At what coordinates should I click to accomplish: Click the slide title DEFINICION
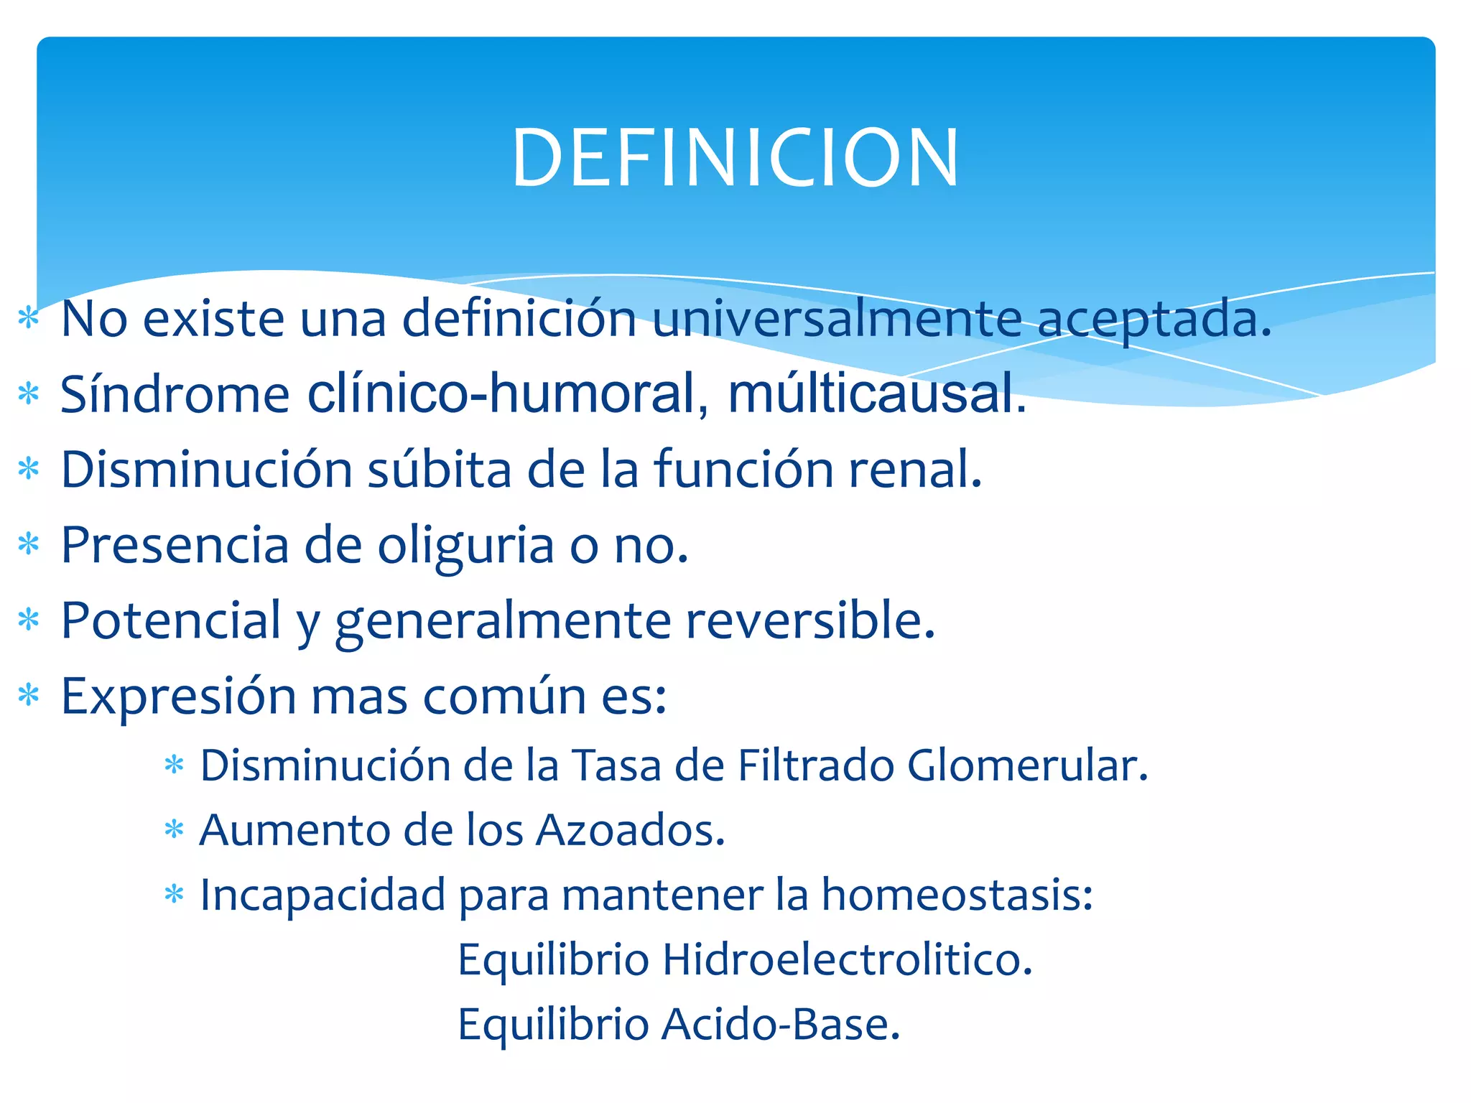point(735,158)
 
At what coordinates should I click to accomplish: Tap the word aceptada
point(1154,320)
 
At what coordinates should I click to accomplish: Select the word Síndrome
point(175,394)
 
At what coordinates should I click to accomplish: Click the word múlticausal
point(877,394)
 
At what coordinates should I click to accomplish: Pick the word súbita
point(440,470)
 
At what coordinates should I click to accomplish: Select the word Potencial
point(171,620)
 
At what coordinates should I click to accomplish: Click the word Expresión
point(178,697)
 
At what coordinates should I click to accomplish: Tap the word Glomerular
point(1027,765)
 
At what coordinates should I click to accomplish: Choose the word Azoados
point(631,831)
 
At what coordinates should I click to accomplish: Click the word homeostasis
point(957,895)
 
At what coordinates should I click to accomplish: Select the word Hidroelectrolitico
point(847,960)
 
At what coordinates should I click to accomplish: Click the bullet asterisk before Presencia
point(29,544)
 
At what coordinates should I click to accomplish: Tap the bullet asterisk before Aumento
point(174,831)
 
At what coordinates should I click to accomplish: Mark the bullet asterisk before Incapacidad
point(174,895)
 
